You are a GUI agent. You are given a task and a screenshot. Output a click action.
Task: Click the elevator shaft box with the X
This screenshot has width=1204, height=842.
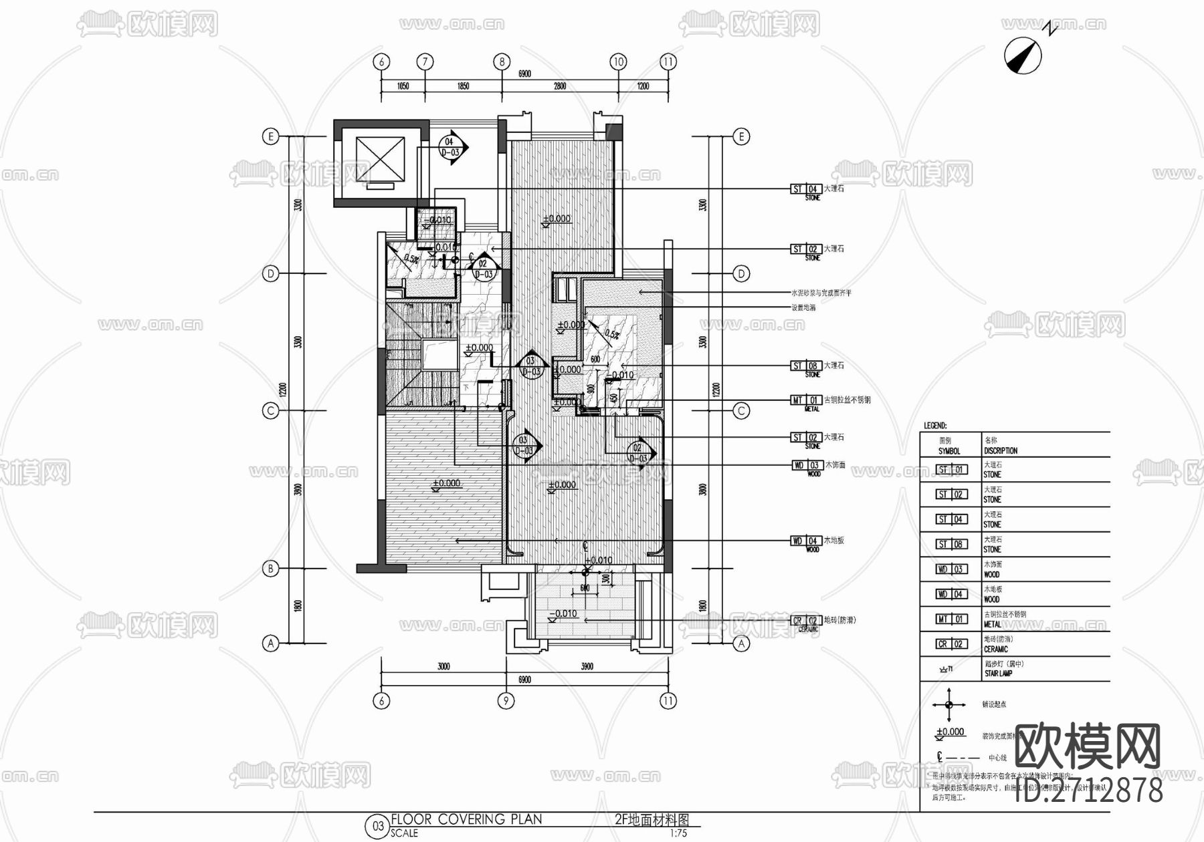380,161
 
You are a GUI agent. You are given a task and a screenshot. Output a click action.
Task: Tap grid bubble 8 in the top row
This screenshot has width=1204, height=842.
502,62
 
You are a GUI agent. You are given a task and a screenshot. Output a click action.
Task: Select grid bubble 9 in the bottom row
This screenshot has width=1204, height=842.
506,700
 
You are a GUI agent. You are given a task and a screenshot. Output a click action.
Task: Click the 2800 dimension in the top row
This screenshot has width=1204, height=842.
559,86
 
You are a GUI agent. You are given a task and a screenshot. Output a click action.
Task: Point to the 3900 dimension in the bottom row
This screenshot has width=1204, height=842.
587,666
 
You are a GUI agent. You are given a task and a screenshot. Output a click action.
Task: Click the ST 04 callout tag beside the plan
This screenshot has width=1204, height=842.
805,189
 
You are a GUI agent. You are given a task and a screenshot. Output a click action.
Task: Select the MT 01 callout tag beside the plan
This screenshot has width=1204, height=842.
805,400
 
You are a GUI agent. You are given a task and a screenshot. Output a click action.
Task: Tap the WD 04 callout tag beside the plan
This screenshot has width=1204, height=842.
805,541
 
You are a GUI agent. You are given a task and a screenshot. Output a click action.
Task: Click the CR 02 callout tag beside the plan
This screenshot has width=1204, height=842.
805,621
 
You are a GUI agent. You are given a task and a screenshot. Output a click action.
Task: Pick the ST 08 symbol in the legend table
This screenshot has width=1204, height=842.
951,545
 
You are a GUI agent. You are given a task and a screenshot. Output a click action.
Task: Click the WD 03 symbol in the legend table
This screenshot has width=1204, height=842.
951,569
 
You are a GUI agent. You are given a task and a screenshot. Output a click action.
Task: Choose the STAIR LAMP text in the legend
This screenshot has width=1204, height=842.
998,674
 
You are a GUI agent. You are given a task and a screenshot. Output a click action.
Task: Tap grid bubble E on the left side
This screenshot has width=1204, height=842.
270,137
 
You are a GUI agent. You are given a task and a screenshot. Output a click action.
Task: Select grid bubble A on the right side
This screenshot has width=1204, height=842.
741,644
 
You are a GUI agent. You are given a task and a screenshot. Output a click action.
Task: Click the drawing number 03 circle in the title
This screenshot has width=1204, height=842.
378,826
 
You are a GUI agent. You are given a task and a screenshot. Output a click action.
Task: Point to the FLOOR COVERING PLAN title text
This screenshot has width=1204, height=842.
466,819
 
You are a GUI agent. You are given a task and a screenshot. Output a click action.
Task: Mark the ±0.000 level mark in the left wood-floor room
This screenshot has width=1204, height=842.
445,483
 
